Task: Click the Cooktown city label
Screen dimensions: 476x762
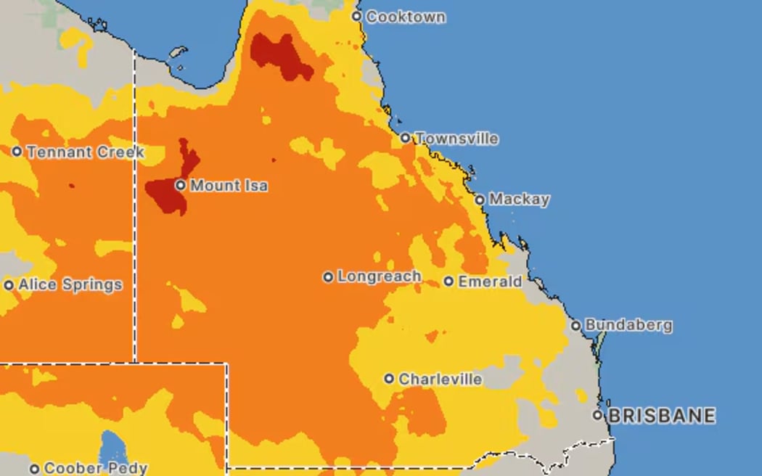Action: coord(405,17)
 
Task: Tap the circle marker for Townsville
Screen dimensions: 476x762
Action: coord(406,138)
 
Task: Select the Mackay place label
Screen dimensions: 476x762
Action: coord(519,199)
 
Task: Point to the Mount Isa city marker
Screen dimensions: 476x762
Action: coord(180,186)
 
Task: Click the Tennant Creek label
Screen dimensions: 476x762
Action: coord(85,152)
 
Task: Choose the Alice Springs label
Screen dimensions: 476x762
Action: coord(70,284)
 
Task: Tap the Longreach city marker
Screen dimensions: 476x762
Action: coord(328,276)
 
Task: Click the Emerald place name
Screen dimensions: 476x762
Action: coord(490,281)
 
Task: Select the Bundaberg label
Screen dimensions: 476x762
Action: coord(628,325)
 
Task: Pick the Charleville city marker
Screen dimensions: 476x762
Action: coord(389,379)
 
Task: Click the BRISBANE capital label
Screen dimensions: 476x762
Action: coord(661,416)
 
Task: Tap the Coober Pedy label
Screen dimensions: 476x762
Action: coord(96,469)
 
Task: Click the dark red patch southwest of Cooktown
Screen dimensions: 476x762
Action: coord(279,56)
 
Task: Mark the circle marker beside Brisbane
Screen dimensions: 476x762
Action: coord(598,415)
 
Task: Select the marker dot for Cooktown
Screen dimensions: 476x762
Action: coord(356,16)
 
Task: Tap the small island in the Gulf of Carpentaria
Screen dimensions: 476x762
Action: coord(177,53)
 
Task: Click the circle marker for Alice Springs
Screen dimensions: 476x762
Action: coord(9,285)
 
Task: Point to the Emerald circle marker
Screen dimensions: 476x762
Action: coord(448,281)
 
